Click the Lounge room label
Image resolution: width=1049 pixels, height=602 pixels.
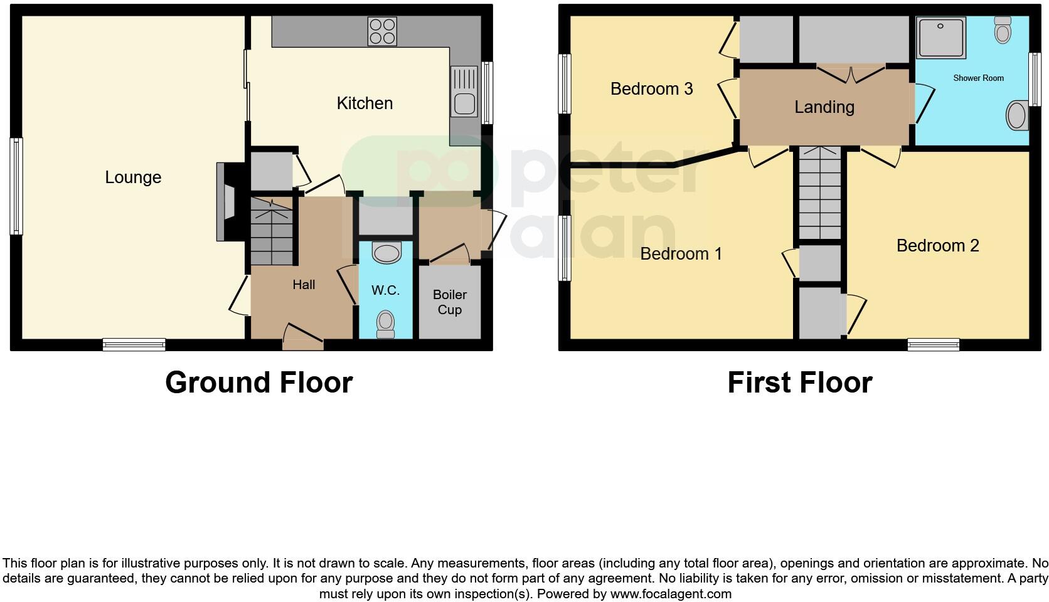pyautogui.click(x=133, y=177)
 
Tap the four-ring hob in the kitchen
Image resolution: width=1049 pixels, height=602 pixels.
pyautogui.click(x=382, y=31)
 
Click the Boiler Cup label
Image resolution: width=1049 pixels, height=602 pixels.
pyautogui.click(x=449, y=302)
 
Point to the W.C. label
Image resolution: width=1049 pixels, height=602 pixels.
pyautogui.click(x=385, y=290)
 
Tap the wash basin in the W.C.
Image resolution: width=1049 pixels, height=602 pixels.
pyautogui.click(x=386, y=253)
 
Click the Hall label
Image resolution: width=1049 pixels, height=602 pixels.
pyautogui.click(x=304, y=285)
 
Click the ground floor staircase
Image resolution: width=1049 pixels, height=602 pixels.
pyautogui.click(x=272, y=231)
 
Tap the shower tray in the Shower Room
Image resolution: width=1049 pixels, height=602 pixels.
pyautogui.click(x=941, y=38)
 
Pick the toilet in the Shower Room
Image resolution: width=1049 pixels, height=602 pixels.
pyautogui.click(x=1003, y=30)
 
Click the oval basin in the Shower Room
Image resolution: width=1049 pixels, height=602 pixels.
pyautogui.click(x=1016, y=116)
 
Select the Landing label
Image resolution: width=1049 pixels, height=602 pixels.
pyautogui.click(x=824, y=107)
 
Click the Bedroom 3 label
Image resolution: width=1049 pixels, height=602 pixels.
pyautogui.click(x=651, y=89)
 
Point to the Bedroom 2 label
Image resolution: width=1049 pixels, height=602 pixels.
pyautogui.click(x=937, y=245)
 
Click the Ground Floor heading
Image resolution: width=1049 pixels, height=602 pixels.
pyautogui.click(x=258, y=383)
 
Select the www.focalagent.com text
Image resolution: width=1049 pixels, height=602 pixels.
pyautogui.click(x=670, y=593)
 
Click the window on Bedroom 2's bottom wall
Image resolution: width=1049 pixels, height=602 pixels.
pyautogui.click(x=933, y=344)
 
